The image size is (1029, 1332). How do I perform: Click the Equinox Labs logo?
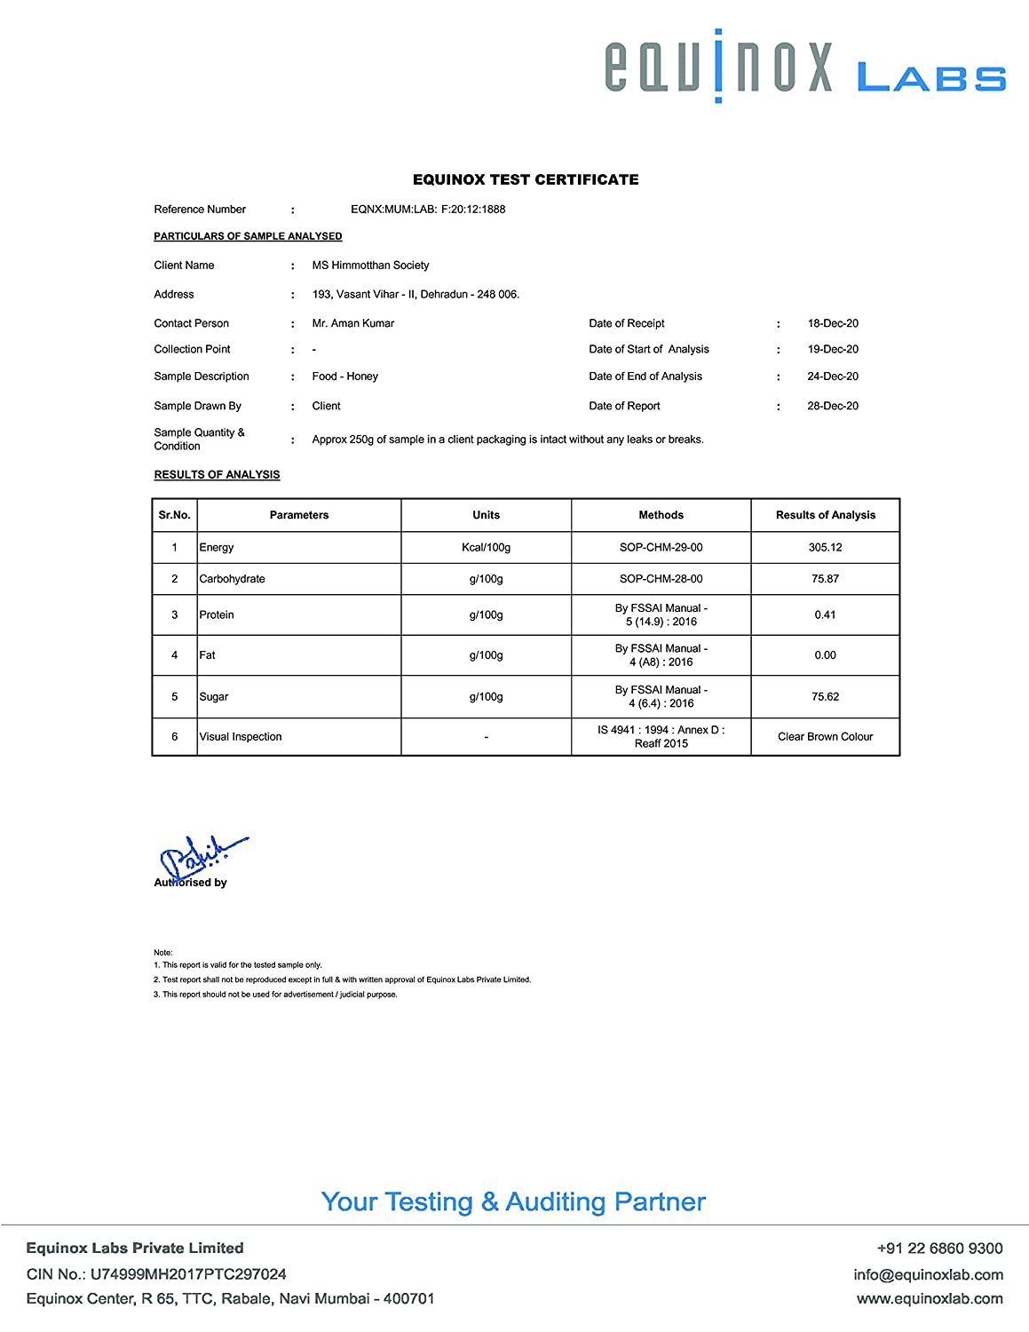pos(804,67)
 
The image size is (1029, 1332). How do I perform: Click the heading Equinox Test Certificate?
pos(526,179)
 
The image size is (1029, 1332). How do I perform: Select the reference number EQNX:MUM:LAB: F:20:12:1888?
pos(428,210)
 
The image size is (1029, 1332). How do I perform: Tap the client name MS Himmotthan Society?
pos(370,266)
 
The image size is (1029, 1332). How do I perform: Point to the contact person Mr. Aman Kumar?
pos(352,323)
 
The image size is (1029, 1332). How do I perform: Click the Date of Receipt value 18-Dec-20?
pos(833,323)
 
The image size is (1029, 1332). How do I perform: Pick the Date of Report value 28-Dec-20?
pos(833,406)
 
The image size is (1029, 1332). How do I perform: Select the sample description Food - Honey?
pos(344,377)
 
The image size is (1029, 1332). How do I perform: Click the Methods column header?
pos(661,515)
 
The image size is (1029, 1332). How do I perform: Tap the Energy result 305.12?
pos(825,547)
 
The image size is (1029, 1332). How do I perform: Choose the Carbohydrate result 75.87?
pos(825,579)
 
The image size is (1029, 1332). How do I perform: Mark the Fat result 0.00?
pos(825,655)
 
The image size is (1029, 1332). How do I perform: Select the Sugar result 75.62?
pos(825,697)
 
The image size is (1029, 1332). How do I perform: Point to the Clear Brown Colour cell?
pos(825,737)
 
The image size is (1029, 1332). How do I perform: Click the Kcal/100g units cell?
pos(486,547)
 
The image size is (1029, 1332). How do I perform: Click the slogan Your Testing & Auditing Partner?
pos(513,1201)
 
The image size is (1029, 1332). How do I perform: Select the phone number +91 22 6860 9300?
pos(939,1249)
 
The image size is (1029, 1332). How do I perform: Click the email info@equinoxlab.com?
pos(928,1274)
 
